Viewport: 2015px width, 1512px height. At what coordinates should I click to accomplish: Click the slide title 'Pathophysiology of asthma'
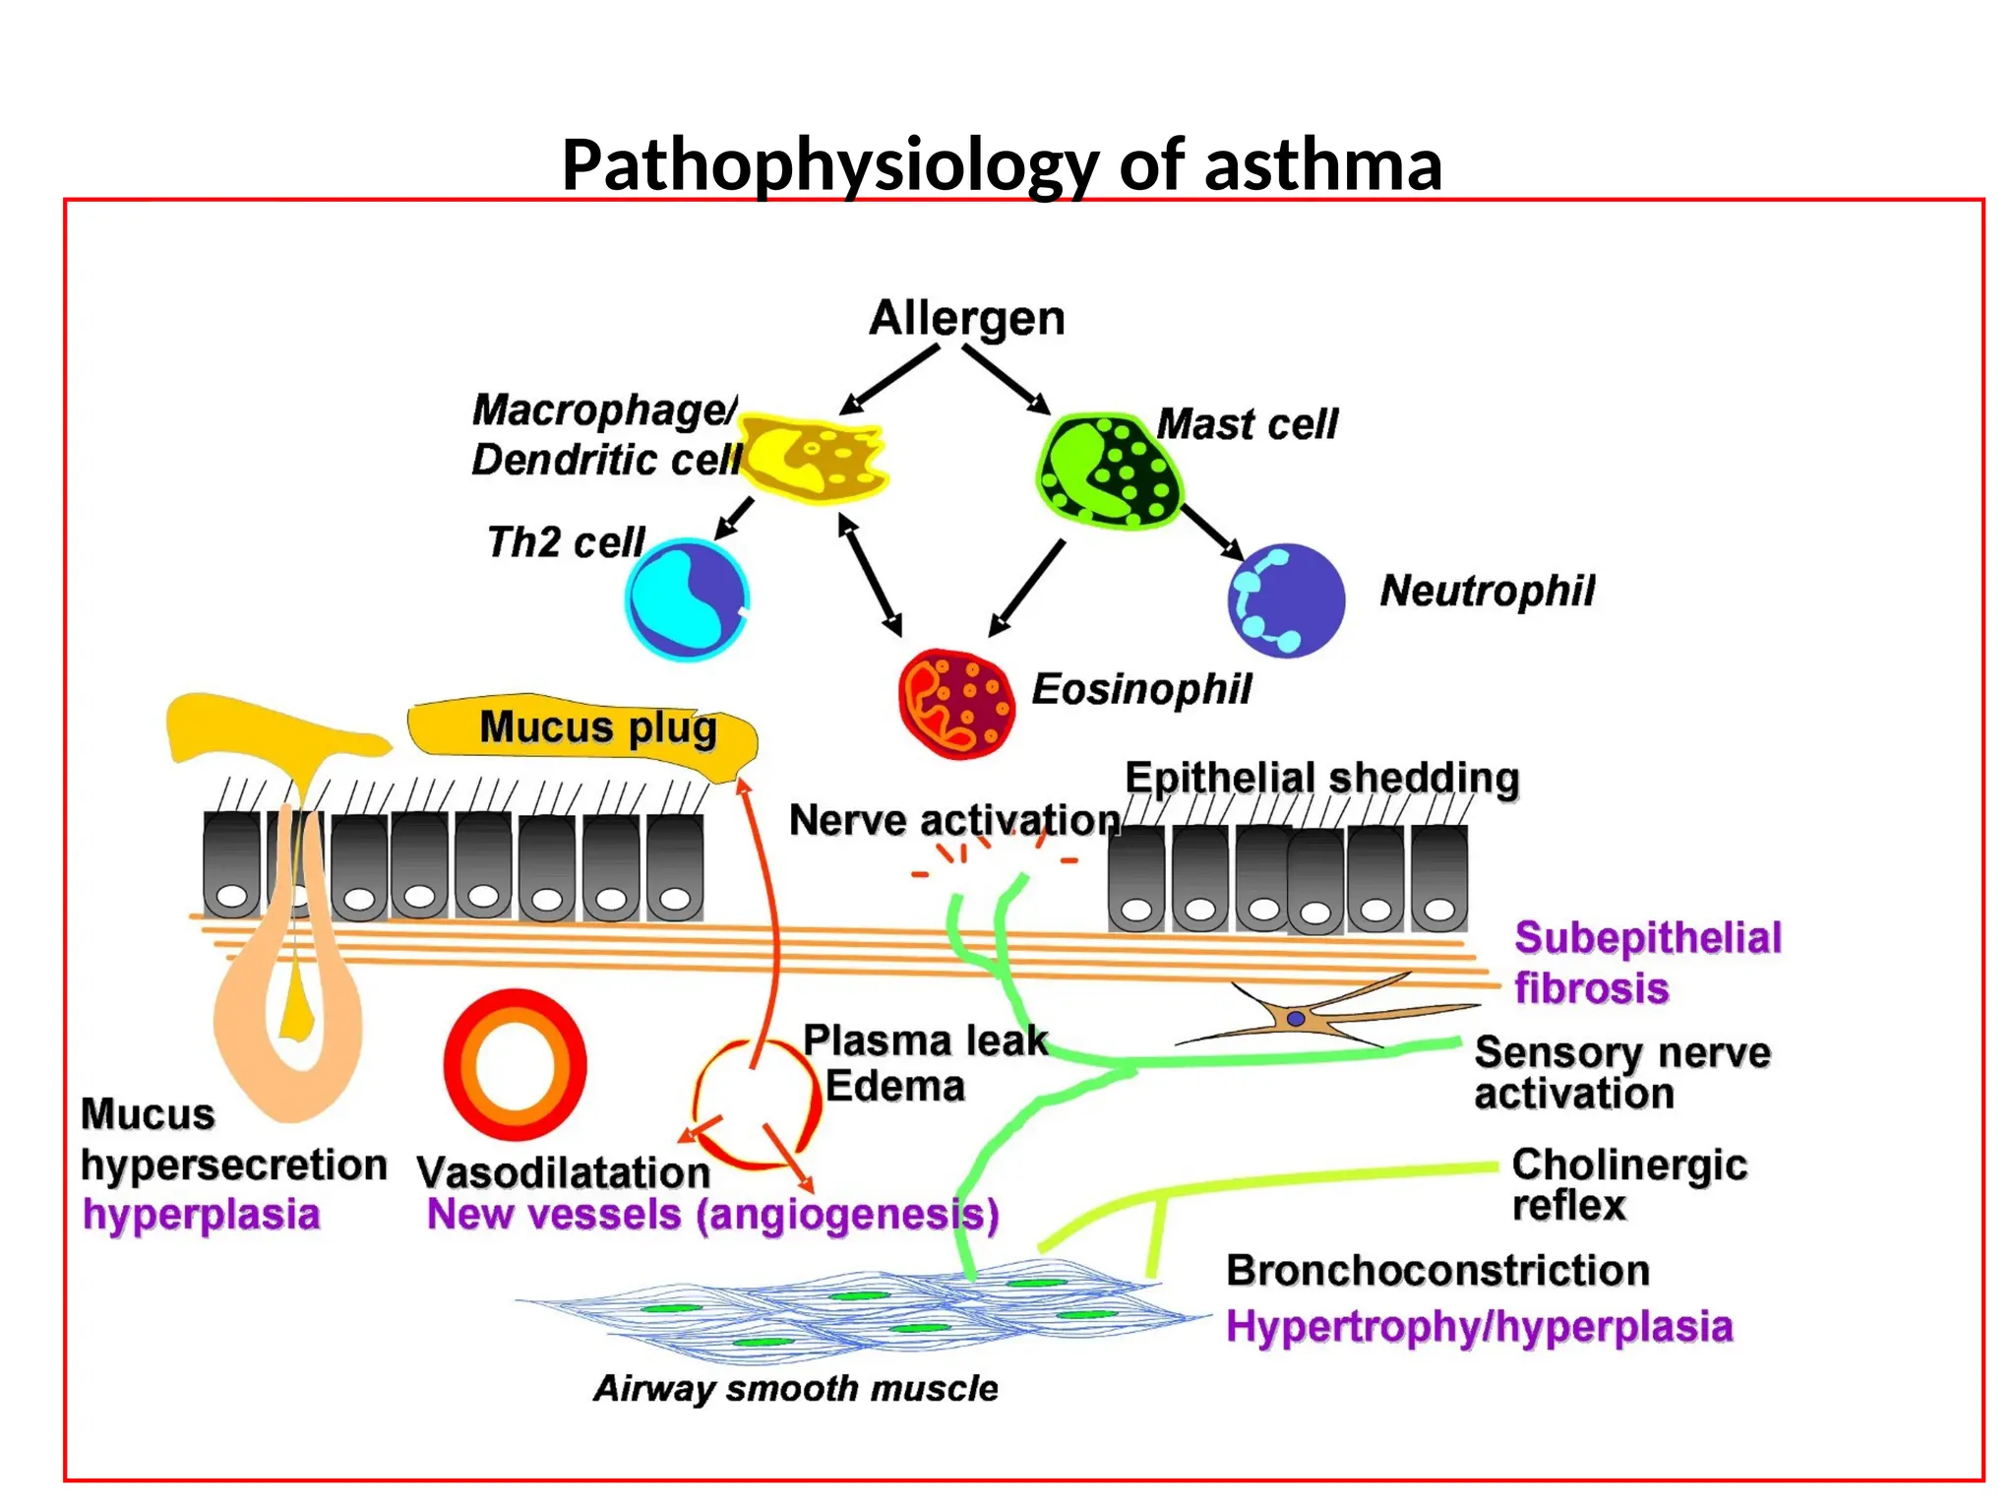[1002, 164]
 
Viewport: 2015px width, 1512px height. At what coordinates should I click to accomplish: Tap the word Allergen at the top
[966, 318]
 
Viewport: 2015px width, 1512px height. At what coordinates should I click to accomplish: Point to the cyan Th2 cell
[687, 598]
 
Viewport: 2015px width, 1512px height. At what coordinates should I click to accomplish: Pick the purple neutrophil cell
[1286, 600]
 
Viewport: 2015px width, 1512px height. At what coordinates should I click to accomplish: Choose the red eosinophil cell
[955, 703]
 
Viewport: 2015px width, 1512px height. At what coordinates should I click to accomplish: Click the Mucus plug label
[597, 728]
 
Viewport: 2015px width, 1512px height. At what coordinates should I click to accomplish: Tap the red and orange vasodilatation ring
[515, 1065]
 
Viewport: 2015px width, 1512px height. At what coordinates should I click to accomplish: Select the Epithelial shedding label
[1321, 779]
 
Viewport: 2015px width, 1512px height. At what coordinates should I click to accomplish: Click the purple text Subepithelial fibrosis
[1646, 962]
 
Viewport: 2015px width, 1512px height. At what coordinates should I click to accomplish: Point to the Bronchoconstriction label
[1436, 1271]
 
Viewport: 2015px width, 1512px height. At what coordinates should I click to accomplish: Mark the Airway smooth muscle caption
[795, 1389]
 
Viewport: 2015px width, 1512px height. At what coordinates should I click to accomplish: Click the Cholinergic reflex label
[1628, 1185]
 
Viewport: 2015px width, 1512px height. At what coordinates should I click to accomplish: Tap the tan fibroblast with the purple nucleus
[1297, 1018]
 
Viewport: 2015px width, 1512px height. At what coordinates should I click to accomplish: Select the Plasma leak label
[925, 1040]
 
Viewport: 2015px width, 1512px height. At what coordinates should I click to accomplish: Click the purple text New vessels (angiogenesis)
[712, 1215]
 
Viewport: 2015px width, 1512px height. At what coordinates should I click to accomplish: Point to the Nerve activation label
[953, 820]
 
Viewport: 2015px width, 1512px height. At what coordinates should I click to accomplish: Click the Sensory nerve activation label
[1621, 1073]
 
